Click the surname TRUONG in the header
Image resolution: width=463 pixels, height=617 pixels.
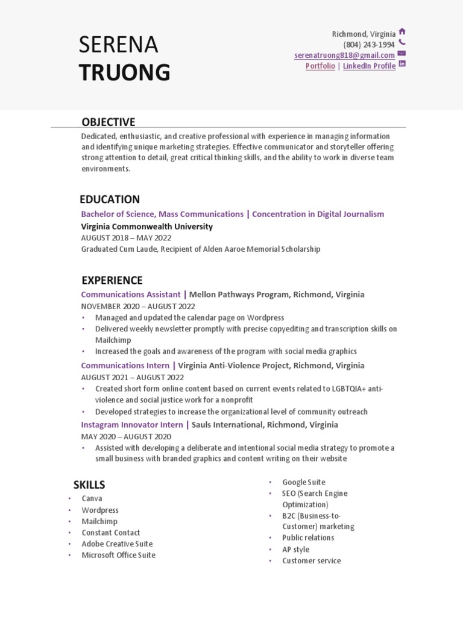click(x=125, y=72)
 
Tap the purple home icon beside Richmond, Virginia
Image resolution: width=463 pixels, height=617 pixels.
click(x=402, y=32)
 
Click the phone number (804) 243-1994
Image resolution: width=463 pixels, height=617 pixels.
click(x=369, y=45)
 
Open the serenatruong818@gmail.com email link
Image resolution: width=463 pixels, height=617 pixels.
click(x=344, y=55)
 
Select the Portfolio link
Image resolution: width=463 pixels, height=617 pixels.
click(x=320, y=66)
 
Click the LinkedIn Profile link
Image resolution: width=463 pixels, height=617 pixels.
click(x=369, y=66)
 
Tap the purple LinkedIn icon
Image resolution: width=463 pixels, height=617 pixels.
click(x=402, y=64)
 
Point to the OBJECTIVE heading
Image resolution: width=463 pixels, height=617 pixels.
click(x=109, y=122)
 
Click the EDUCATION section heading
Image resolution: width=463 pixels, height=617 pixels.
click(x=110, y=199)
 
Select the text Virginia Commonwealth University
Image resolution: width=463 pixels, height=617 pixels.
click(x=146, y=227)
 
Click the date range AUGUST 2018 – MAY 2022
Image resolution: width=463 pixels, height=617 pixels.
click(x=126, y=238)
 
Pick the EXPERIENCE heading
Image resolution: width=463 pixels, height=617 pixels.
click(x=112, y=280)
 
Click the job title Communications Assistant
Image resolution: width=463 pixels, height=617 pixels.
click(x=131, y=295)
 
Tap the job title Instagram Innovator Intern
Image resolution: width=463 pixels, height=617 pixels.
click(x=132, y=425)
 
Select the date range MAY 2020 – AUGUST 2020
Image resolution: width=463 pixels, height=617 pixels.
click(x=126, y=436)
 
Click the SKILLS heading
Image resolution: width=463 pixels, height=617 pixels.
click(x=89, y=484)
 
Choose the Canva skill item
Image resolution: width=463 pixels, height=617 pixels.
click(x=92, y=498)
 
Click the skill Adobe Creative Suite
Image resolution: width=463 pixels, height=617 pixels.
click(x=118, y=543)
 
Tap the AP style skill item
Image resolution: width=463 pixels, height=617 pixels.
click(x=295, y=550)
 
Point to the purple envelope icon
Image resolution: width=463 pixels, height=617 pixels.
click(x=402, y=54)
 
